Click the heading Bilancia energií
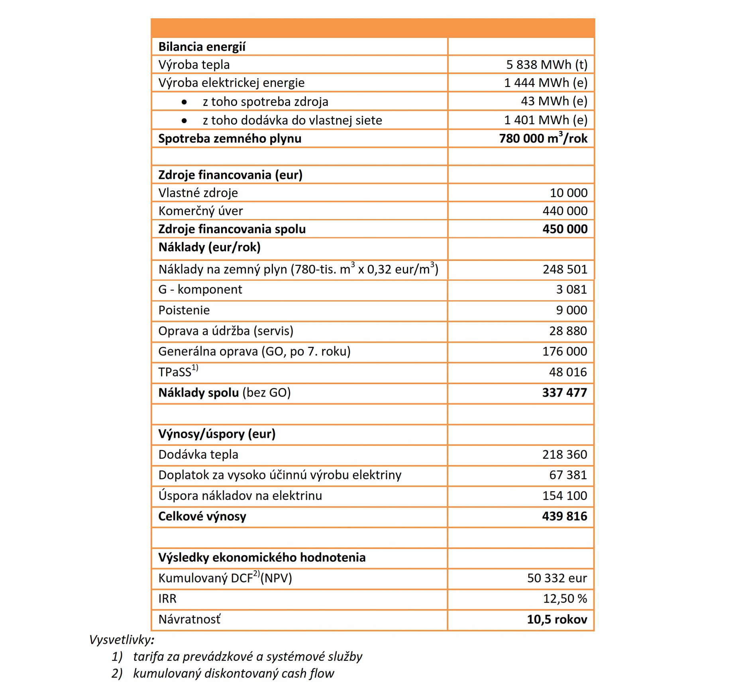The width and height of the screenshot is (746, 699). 202,47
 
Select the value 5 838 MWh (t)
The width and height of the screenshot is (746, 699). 546,65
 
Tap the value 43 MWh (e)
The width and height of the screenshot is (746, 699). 554,101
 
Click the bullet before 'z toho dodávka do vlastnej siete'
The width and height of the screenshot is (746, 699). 184,120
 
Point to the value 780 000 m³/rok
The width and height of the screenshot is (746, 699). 543,138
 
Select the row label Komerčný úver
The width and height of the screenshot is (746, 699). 200,211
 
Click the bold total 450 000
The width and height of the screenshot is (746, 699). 564,229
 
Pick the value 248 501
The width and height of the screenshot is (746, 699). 565,270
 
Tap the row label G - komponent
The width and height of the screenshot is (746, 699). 200,290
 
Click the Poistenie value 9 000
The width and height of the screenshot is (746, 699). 571,310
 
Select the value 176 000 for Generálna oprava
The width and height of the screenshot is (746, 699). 564,351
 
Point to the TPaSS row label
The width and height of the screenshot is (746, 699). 178,372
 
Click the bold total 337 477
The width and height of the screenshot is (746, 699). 564,393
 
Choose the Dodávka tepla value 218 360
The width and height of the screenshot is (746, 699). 564,454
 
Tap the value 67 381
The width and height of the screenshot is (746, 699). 567,475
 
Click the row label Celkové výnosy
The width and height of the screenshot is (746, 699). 202,517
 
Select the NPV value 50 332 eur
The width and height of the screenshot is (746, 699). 557,578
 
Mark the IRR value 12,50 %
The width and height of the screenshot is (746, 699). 565,599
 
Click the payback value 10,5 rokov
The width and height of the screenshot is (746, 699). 557,620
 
